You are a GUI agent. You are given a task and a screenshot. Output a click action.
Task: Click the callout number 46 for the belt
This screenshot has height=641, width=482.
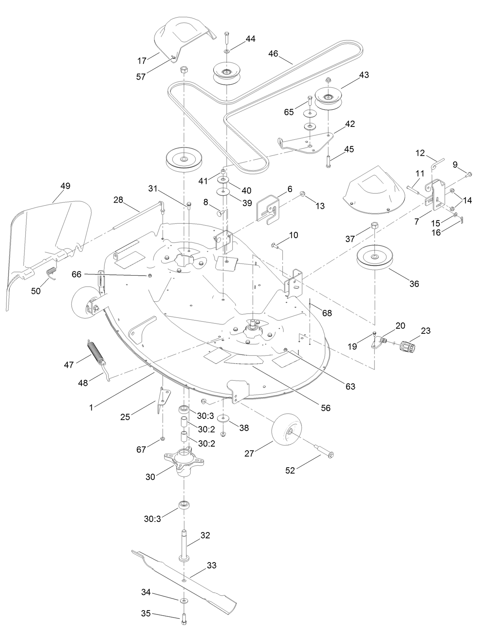click(x=273, y=53)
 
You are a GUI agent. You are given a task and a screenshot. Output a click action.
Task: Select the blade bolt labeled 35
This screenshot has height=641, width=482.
click(x=184, y=619)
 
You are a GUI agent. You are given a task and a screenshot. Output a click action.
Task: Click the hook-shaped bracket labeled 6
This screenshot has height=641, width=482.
click(x=269, y=207)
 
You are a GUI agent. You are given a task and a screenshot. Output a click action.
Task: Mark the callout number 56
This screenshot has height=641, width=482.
click(x=325, y=408)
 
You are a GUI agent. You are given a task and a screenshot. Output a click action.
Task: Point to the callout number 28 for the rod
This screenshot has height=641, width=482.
click(x=118, y=199)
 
